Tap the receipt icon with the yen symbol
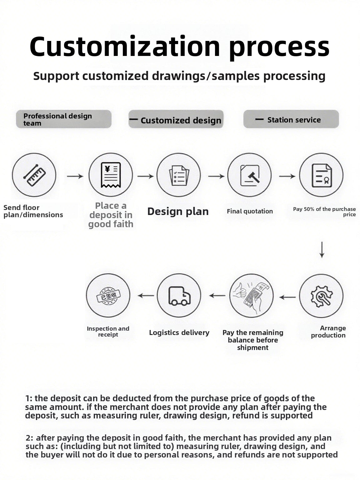110,175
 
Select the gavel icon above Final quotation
249,175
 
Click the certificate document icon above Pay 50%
321,175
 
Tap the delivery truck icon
179,296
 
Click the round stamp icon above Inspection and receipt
108,296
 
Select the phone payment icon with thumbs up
252,296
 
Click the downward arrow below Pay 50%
322,250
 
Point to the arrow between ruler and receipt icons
75,177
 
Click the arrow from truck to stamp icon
146,296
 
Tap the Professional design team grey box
64,119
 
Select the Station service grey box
291,119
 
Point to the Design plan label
178,212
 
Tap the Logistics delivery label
179,332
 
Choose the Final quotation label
250,211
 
